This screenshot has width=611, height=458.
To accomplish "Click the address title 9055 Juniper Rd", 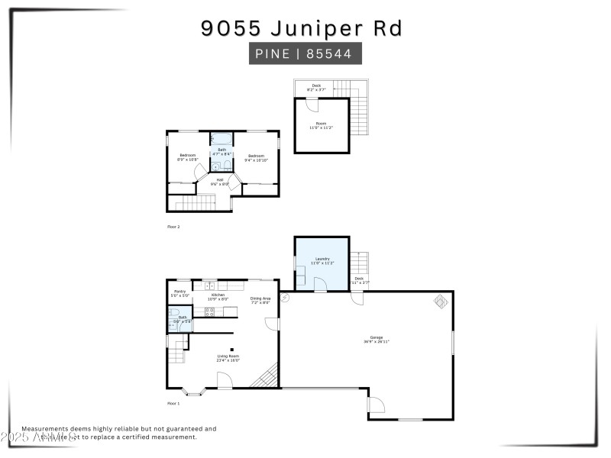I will (302, 28).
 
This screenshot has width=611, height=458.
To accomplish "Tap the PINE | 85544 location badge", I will (305, 54).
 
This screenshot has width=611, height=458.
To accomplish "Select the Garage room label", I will (377, 340).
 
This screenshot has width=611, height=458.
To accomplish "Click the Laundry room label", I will (322, 261).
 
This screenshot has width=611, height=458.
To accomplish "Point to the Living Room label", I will (228, 357).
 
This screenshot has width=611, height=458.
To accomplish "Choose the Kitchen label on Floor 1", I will (218, 296).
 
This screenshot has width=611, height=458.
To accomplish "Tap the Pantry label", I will (180, 293).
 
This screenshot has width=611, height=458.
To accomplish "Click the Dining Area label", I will (260, 300).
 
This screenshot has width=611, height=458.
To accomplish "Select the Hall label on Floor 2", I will (220, 182).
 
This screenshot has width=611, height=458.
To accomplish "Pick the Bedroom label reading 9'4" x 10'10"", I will (255, 158).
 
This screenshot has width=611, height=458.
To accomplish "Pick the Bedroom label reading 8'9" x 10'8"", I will (187, 157).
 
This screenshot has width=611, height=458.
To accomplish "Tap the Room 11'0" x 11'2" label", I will (322, 125).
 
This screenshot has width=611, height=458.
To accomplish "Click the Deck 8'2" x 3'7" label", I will (316, 88).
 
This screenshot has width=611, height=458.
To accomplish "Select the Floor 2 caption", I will (173, 227).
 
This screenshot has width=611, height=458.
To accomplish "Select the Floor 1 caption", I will (173, 403).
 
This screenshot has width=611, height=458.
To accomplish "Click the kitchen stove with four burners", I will (210, 311).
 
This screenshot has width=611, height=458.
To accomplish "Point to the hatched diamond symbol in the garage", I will (441, 302).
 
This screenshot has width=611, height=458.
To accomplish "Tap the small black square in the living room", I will (232, 348).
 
